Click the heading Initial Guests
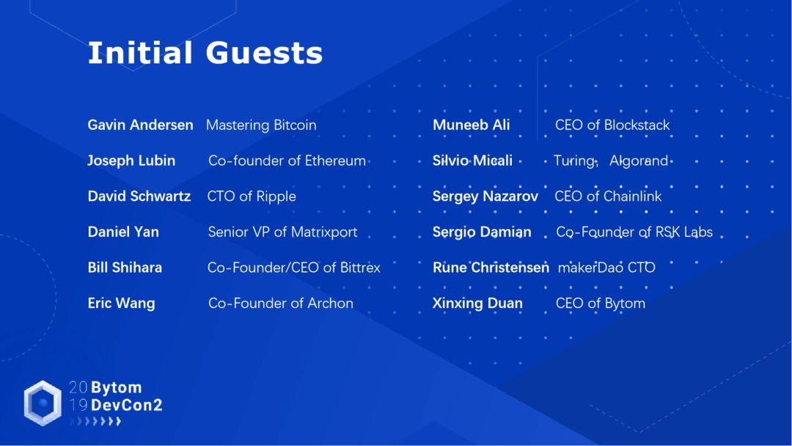[205, 54]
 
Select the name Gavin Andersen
[140, 125]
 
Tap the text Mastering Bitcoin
[261, 125]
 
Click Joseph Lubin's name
[131, 161]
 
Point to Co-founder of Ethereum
[287, 161]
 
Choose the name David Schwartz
[139, 196]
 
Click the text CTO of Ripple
[252, 196]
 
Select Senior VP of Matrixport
[282, 232]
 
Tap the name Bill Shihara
[125, 268]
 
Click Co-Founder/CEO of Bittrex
[293, 268]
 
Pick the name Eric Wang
[121, 303]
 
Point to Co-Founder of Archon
[280, 303]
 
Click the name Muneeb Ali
[471, 125]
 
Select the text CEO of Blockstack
[612, 125]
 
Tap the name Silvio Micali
[472, 161]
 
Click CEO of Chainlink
[608, 196]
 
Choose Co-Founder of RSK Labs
[634, 232]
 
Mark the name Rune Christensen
[491, 268]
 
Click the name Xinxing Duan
[477, 303]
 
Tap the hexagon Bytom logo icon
[43, 403]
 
